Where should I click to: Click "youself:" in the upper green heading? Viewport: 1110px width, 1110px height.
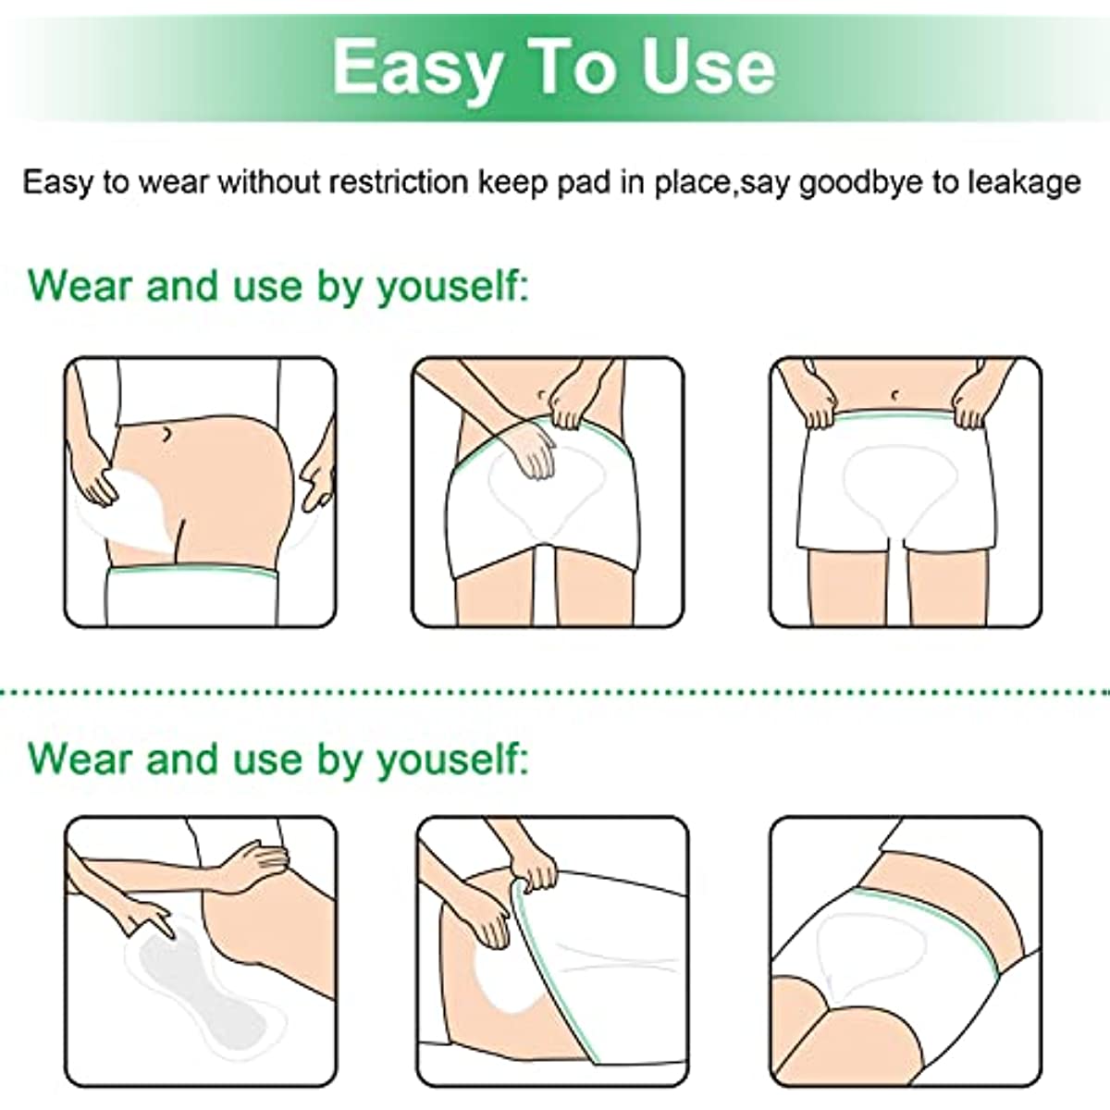click(452, 288)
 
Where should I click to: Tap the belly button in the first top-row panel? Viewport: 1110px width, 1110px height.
click(166, 433)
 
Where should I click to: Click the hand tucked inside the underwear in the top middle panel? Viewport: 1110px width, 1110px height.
click(533, 452)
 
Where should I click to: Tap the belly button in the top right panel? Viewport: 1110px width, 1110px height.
click(894, 395)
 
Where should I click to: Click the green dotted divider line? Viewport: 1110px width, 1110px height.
click(555, 691)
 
